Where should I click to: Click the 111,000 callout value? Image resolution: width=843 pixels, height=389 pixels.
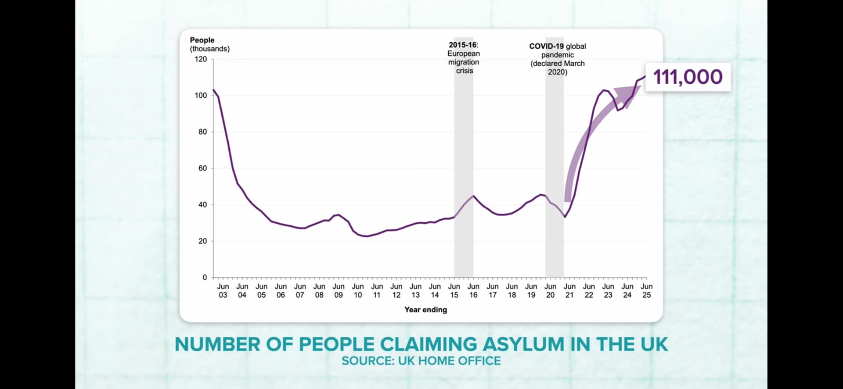688,77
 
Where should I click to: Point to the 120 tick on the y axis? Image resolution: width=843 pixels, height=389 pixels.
201,59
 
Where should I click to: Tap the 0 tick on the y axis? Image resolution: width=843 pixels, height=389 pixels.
205,277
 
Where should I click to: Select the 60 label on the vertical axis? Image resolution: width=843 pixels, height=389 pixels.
202,168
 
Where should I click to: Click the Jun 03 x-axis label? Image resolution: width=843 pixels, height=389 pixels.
223,291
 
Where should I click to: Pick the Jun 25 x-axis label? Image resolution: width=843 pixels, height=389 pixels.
647,291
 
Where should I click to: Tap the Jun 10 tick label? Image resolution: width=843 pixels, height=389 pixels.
358,291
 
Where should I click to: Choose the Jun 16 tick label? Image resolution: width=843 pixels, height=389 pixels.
473,291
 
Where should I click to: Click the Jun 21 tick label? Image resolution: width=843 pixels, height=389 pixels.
569,291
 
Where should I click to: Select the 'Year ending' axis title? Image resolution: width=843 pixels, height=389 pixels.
425,310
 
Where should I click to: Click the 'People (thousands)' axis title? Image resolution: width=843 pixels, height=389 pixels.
209,44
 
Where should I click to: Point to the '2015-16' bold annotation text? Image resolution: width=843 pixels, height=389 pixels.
463,45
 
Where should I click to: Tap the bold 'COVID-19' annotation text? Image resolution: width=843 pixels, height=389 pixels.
546,46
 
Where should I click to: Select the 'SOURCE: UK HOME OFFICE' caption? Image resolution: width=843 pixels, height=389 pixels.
421,361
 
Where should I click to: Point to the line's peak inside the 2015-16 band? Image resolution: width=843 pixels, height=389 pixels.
473,196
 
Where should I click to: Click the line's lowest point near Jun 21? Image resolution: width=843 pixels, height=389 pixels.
565,217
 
